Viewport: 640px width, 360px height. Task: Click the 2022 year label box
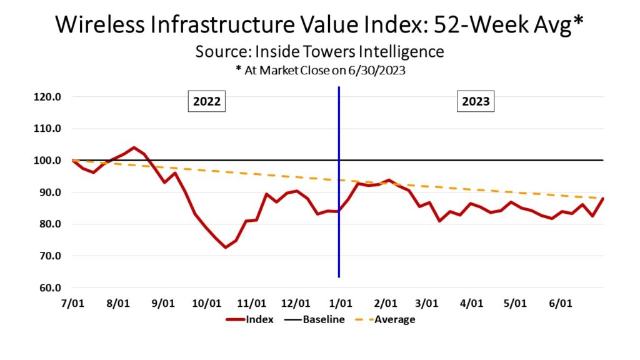tap(207, 101)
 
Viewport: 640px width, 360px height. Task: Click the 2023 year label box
tap(476, 101)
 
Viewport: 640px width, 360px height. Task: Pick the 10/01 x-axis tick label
tap(207, 304)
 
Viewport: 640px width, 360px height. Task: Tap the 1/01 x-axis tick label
tap(339, 304)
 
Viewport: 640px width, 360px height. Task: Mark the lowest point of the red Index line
tap(225, 247)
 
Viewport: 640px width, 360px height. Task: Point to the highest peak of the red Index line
tap(134, 147)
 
